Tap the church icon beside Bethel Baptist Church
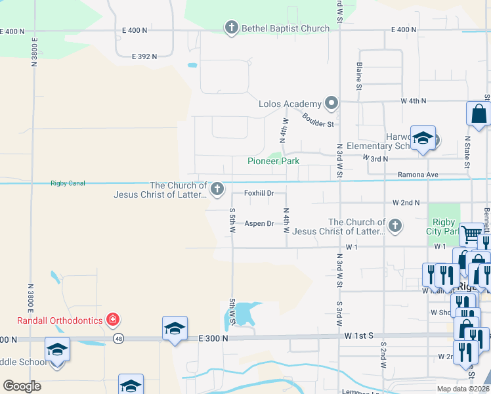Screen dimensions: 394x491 pos(231,28)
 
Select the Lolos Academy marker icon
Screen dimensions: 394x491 pos(332,103)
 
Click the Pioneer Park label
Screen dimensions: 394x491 pos(273,161)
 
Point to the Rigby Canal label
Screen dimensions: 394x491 pos(68,183)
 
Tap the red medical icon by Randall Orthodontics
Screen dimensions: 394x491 pos(113,320)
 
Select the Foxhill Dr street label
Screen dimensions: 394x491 pos(259,193)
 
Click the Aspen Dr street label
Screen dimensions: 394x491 pos(259,224)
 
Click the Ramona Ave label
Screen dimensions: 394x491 pos(417,175)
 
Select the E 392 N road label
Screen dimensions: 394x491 pos(144,56)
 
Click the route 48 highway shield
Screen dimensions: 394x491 pos(118,339)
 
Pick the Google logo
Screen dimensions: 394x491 pos(22,386)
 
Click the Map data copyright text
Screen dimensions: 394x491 pos(462,389)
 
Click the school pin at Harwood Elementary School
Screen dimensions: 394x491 pos(423,139)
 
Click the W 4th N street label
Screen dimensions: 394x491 pos(414,100)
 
